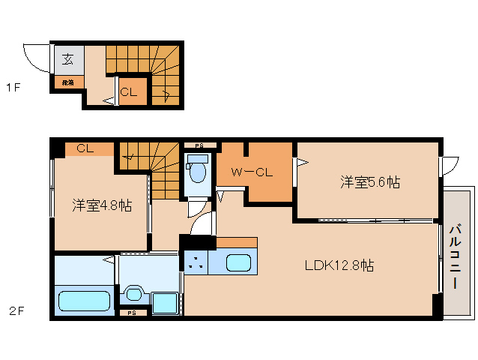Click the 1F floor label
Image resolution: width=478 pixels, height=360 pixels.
point(13,88)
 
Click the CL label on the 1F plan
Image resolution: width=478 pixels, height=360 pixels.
point(129,92)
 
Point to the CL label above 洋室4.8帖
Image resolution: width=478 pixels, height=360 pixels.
point(84,148)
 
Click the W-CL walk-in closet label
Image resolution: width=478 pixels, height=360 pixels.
point(251,172)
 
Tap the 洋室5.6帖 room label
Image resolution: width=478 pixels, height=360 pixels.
point(369,181)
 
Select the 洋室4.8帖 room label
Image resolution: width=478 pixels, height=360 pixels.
point(102,205)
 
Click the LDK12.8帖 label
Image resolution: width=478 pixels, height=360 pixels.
point(339,265)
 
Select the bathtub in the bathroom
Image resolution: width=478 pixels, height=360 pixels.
point(85,301)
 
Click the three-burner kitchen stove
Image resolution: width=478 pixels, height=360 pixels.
point(196,262)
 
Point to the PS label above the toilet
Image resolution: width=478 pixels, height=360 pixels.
point(199,145)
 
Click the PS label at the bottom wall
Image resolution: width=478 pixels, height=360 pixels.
point(132,313)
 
